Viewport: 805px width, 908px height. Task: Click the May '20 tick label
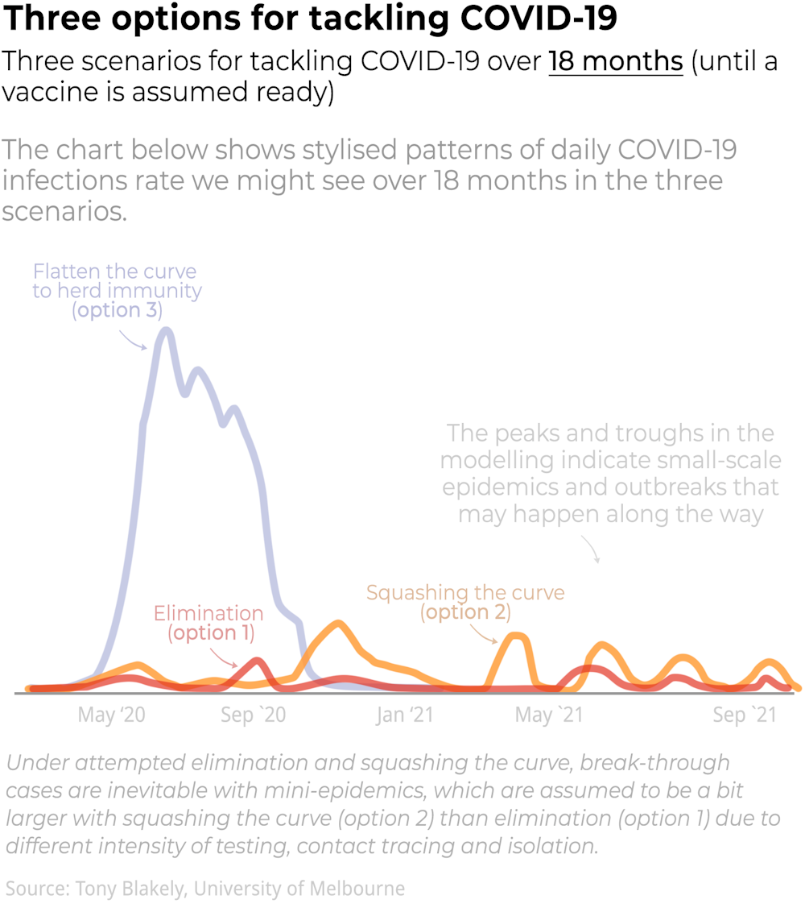click(x=111, y=715)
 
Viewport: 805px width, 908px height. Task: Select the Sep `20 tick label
click(x=254, y=715)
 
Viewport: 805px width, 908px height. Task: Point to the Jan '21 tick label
click(x=405, y=715)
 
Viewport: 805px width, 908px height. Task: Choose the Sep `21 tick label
click(x=745, y=715)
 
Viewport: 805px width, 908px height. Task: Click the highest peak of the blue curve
click(x=166, y=330)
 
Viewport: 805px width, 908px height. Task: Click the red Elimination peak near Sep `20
click(x=256, y=661)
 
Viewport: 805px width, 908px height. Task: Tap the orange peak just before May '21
click(x=517, y=636)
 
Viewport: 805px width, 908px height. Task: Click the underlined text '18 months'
click(x=616, y=61)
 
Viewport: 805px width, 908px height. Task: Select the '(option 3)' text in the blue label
click(x=118, y=310)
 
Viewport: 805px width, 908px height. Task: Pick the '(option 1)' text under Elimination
click(x=211, y=633)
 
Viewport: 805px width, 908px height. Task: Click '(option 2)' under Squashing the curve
click(x=465, y=612)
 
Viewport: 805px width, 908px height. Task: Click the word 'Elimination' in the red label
click(x=208, y=614)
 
